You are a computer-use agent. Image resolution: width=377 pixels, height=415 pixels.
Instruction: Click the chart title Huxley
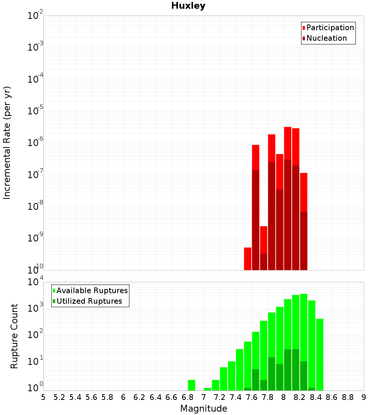(x=188, y=6)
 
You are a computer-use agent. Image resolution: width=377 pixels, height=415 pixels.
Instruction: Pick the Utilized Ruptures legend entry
(x=89, y=301)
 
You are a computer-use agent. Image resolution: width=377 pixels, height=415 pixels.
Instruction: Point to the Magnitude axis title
(x=204, y=409)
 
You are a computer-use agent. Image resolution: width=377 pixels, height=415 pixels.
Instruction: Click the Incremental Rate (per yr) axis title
(x=7, y=143)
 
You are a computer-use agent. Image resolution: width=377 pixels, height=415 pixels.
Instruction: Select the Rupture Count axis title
(x=14, y=336)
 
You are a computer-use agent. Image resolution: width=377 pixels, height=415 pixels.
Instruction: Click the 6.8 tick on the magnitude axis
(x=187, y=397)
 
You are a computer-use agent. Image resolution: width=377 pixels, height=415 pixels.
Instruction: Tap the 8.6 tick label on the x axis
(x=332, y=397)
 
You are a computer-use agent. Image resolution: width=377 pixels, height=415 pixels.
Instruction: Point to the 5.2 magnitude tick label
(x=59, y=397)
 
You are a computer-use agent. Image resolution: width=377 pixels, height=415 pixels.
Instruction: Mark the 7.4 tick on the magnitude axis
(x=236, y=397)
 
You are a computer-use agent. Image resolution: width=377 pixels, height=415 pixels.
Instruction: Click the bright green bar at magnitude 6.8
(x=192, y=385)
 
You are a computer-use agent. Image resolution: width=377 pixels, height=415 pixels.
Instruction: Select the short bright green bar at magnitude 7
(x=207, y=389)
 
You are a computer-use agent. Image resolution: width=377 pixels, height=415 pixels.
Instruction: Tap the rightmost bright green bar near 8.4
(x=320, y=355)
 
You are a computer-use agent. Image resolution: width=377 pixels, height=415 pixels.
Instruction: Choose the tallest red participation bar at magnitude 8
(x=288, y=143)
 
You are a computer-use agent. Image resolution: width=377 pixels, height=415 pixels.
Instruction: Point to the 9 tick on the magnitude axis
(x=364, y=397)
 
